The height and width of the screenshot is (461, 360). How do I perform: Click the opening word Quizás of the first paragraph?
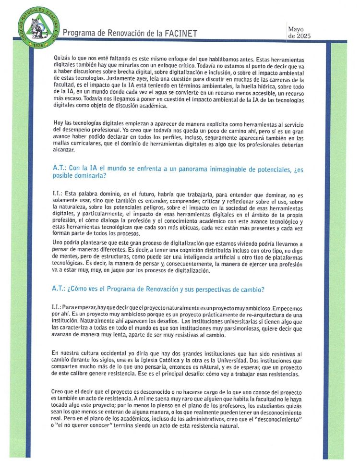[63, 58]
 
